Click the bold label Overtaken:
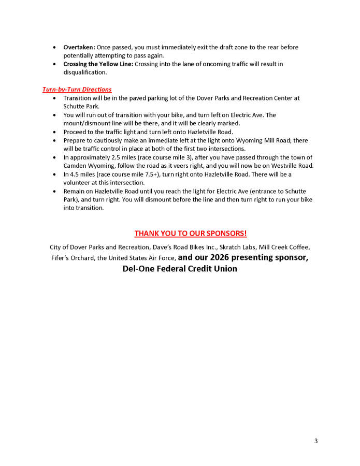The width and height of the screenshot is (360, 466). pos(79,47)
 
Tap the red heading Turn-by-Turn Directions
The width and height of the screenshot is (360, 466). pos(77,90)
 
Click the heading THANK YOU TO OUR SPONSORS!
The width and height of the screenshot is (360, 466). pos(191,234)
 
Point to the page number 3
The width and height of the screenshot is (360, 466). pos(315,441)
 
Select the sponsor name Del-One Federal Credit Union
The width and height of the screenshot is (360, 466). pos(180,269)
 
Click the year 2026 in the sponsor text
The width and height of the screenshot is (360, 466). pos(224,257)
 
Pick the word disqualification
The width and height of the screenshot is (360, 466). pos(85,72)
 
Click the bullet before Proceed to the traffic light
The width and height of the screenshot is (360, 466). pos(55,132)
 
